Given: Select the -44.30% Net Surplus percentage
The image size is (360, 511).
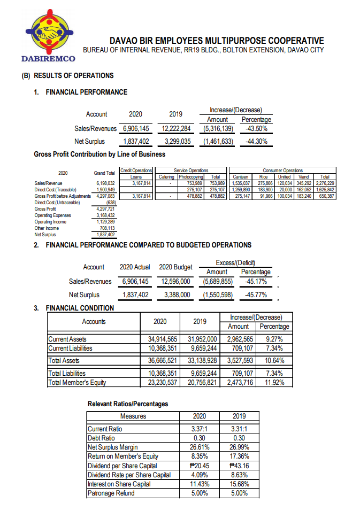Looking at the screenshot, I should [x=257, y=142].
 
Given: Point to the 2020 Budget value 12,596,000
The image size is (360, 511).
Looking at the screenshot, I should [x=175, y=281].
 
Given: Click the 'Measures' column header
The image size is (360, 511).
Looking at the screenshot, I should [x=133, y=416].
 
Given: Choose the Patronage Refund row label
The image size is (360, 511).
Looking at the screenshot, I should [x=111, y=493].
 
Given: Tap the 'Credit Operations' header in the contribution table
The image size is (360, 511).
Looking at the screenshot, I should [x=136, y=170].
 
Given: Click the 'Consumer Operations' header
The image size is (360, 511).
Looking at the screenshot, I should [x=283, y=170].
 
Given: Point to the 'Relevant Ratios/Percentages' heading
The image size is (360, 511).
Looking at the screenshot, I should [x=128, y=404].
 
